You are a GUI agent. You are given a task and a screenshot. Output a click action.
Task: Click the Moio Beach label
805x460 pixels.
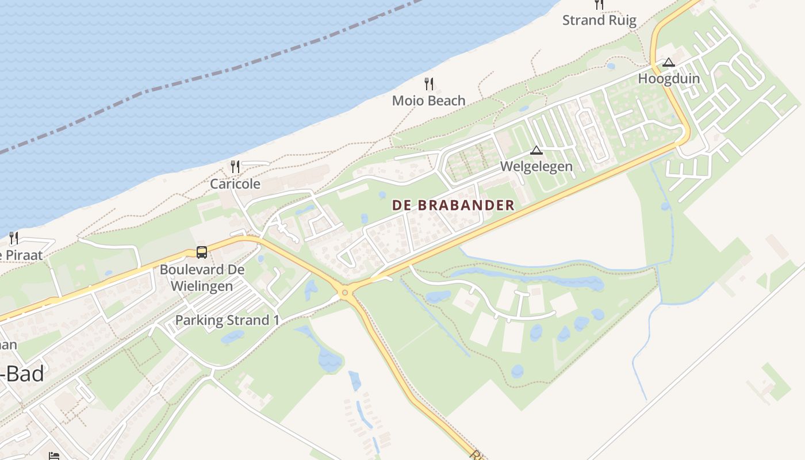coord(428,101)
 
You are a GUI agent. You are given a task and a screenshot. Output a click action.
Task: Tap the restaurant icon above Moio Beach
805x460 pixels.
coord(429,84)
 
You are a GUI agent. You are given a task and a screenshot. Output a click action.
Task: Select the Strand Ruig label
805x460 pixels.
coord(599,21)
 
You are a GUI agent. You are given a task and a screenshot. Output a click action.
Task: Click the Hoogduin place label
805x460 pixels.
coord(669,79)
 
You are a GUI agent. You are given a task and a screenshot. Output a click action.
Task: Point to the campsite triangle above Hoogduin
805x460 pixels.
coord(668,62)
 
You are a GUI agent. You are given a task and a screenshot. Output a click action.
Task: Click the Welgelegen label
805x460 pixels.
coord(536,166)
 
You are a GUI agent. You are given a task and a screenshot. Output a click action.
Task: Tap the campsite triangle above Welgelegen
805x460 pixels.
coord(536,151)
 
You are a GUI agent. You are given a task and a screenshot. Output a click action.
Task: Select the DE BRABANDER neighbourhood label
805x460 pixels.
coord(453,205)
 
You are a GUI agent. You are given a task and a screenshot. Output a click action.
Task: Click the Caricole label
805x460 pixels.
coord(235,184)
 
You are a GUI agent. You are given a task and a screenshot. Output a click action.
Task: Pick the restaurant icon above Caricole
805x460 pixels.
coord(235,167)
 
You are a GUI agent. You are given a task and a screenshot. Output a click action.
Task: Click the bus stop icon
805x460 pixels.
coord(202,252)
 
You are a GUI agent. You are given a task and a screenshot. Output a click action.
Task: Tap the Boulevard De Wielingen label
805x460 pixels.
coord(202,278)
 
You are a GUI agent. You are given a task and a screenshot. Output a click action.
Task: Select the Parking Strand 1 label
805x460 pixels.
coord(227,320)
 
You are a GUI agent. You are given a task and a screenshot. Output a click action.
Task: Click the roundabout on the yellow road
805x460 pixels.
coord(345,293)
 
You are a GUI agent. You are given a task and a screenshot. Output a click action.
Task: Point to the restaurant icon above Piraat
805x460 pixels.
coord(14,237)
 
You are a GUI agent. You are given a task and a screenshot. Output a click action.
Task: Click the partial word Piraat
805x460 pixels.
coord(20,255)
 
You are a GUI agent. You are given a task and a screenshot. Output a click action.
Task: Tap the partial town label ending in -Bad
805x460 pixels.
coord(23,374)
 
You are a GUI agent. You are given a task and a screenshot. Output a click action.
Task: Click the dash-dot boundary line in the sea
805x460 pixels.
coord(230,69)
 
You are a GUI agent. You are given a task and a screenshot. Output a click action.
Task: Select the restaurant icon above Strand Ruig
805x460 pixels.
coord(599,5)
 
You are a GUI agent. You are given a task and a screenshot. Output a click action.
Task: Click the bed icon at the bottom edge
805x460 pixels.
coord(53,456)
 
